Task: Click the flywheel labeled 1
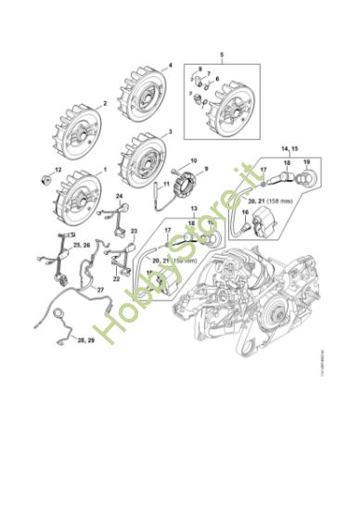(81, 196)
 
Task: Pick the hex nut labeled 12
(45, 173)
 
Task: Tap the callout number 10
(194, 159)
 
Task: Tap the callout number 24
(120, 198)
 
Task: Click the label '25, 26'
(56, 246)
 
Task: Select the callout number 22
(116, 277)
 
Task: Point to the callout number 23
(135, 230)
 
